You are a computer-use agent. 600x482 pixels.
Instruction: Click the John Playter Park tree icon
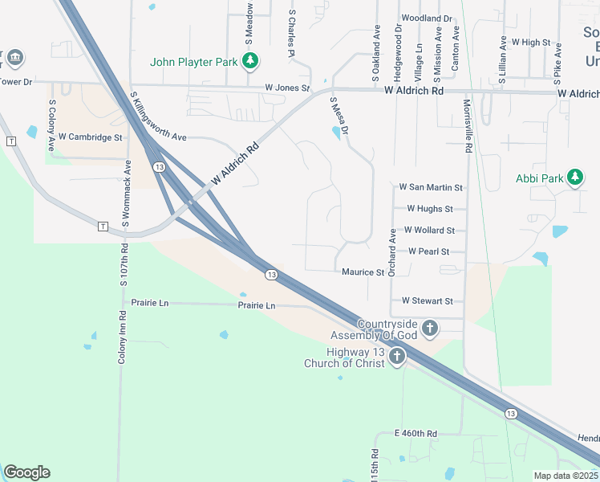point(251,60)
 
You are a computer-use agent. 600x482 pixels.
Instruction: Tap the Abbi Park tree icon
point(574,178)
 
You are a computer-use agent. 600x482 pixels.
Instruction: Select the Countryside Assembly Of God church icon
point(430,328)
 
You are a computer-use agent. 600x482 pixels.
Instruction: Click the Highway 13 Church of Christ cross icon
point(397,357)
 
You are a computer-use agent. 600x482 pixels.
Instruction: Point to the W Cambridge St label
point(90,137)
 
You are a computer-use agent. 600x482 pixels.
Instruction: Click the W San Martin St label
point(431,187)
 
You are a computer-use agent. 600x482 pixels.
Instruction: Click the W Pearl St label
point(428,251)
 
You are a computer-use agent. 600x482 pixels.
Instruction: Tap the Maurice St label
point(363,272)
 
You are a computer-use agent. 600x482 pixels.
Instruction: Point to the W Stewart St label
point(428,301)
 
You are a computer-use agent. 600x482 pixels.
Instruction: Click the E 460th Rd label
point(416,434)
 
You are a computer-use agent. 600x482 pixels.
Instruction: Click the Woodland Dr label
point(427,18)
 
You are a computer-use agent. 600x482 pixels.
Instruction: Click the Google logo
point(26,472)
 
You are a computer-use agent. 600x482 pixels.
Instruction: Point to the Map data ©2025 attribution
point(566,476)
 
